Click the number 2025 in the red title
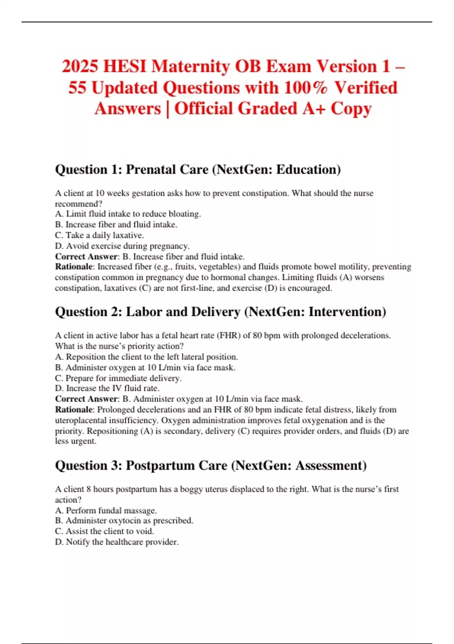[x=80, y=66]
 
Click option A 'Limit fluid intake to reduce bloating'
[x=128, y=214]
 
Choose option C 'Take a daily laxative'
[x=100, y=235]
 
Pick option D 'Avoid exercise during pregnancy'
[x=122, y=246]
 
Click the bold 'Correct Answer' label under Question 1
[x=86, y=257]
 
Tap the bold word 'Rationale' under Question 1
[x=74, y=267]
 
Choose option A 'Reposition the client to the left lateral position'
[x=146, y=357]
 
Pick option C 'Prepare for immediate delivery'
[x=118, y=378]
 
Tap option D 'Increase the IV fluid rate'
[x=107, y=388]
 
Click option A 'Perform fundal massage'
[x=106, y=511]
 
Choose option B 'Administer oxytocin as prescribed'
[x=124, y=521]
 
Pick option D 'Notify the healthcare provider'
[x=117, y=542]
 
